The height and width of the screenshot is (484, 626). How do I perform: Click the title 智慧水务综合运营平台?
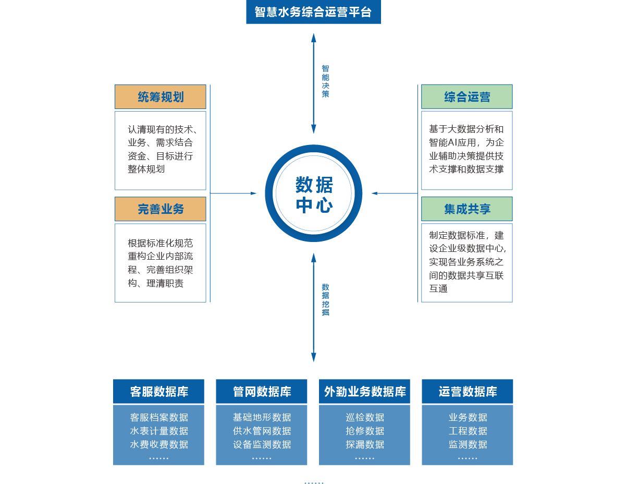point(313,12)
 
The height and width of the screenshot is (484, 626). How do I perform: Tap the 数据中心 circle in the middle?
point(313,193)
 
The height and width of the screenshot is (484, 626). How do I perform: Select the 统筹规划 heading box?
point(161,97)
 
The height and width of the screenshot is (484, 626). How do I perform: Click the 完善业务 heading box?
point(161,209)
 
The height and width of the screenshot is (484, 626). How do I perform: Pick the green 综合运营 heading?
point(467,97)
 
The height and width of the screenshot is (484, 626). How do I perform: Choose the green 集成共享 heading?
point(467,209)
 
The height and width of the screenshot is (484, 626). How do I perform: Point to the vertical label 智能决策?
point(325,81)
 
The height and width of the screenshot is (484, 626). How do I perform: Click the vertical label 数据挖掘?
point(325,300)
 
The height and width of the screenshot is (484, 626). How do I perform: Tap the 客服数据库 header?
point(158,392)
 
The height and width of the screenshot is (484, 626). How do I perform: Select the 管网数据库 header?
point(262,392)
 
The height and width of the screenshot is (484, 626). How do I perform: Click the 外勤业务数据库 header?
point(364,392)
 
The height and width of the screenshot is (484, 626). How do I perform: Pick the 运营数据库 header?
point(467,392)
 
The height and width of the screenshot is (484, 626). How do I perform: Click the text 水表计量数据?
point(158,431)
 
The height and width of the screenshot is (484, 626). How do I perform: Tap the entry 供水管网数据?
point(262,431)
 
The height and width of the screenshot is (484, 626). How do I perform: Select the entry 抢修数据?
point(364,431)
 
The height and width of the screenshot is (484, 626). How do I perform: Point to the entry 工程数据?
point(468,431)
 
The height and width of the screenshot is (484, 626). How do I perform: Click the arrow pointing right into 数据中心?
point(253,193)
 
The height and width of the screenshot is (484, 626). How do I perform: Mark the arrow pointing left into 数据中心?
point(375,193)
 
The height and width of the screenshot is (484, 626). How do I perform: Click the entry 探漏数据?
point(364,444)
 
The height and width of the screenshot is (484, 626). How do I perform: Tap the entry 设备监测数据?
point(262,444)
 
